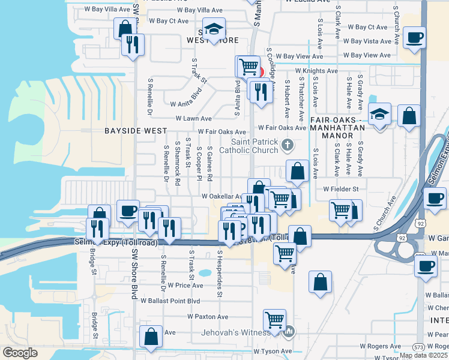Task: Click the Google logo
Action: click(20, 353)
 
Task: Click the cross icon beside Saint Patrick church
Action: click(288, 144)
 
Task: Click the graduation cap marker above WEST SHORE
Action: click(212, 29)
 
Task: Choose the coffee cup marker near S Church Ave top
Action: click(414, 39)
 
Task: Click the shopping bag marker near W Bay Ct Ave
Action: click(125, 29)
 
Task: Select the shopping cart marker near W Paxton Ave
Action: click(274, 319)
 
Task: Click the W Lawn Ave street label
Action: click(193, 119)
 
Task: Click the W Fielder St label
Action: click(340, 189)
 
